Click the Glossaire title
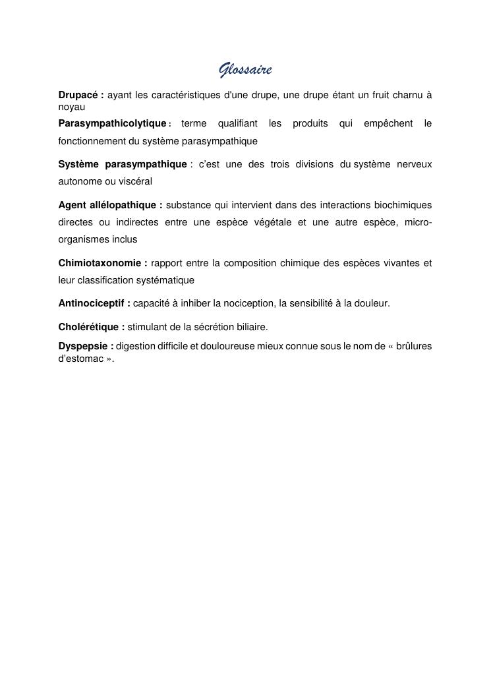click(x=245, y=70)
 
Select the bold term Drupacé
click(x=78, y=95)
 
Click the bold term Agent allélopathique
click(x=107, y=205)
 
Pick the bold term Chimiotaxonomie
click(x=100, y=263)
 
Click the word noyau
click(x=72, y=106)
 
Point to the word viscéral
click(x=136, y=181)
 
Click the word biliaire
click(x=250, y=326)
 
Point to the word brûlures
click(x=414, y=345)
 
